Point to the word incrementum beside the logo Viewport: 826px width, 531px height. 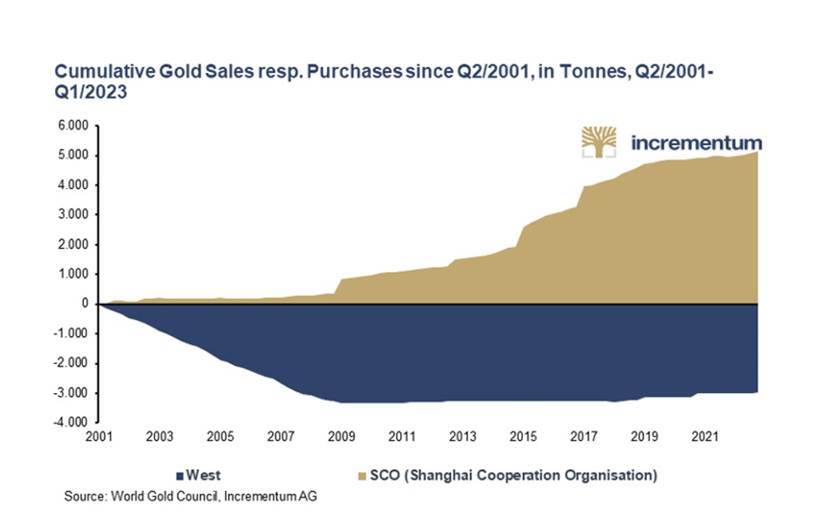(696, 142)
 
